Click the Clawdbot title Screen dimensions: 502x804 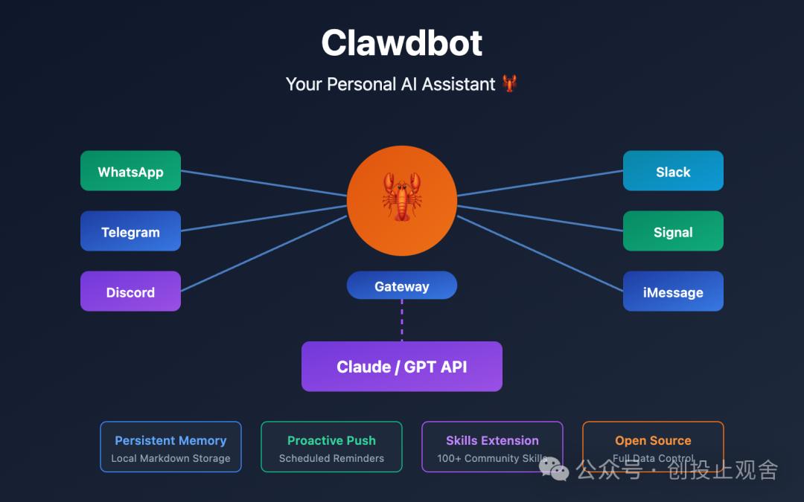coord(402,43)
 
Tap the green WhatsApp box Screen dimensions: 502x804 coord(130,171)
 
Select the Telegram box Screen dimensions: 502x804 coord(130,231)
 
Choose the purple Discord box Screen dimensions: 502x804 coord(130,292)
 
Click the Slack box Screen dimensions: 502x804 coord(673,171)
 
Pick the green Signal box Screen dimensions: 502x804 coord(673,231)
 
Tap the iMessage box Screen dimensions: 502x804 coord(673,292)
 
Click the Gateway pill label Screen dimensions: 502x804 coord(402,286)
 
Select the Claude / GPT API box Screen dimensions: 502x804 coord(402,366)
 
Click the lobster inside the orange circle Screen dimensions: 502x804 coord(402,197)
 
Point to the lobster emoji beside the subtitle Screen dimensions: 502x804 coord(509,84)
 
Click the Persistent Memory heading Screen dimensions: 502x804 coord(170,440)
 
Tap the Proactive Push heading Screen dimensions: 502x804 coord(331,440)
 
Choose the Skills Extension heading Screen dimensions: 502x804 coord(492,440)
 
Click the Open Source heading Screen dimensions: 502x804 coord(653,440)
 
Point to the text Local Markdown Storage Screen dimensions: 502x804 coord(170,458)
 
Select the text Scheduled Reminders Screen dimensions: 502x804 coord(331,458)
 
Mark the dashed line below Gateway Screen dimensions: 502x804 coord(402,320)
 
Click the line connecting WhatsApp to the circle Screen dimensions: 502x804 coord(264,184)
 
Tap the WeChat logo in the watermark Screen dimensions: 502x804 coord(554,468)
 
